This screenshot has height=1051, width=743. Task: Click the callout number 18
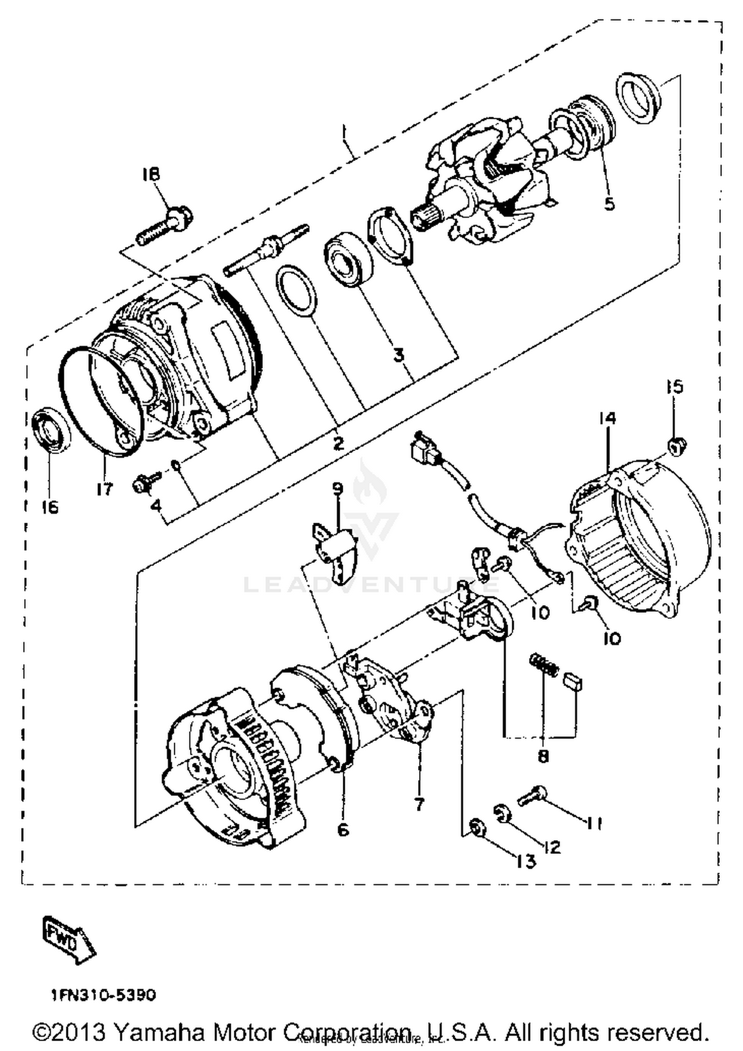coord(152,174)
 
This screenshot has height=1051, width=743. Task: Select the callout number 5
coord(609,203)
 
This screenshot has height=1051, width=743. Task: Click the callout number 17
coord(105,489)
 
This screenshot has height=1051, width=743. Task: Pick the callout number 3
coord(399,354)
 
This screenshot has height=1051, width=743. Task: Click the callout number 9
coord(337,489)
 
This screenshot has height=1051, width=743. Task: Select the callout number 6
coord(343,829)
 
